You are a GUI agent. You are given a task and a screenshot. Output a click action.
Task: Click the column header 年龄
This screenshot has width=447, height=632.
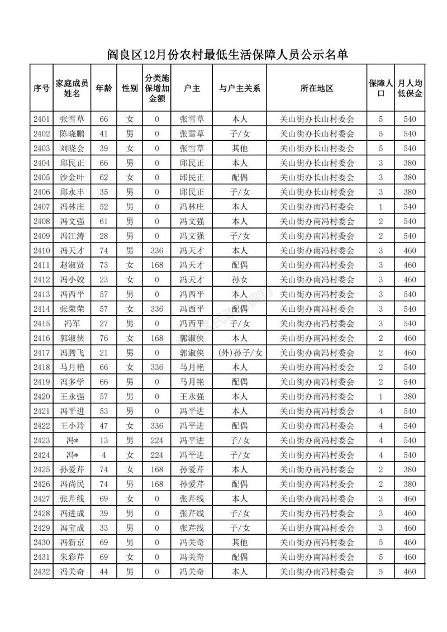click(103, 88)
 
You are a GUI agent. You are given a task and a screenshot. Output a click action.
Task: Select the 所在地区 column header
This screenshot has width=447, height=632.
click(317, 88)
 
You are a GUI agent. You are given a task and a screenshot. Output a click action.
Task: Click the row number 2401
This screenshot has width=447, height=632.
click(42, 119)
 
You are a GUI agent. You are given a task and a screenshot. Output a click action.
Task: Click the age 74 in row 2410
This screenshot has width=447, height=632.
click(103, 250)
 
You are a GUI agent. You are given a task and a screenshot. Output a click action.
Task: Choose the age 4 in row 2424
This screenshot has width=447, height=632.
click(103, 455)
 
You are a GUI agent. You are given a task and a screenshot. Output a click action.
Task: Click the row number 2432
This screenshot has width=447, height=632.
click(42, 572)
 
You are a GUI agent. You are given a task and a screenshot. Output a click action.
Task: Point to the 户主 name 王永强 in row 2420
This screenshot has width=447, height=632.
click(192, 397)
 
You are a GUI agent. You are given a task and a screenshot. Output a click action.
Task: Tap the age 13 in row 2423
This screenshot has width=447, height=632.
click(103, 440)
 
